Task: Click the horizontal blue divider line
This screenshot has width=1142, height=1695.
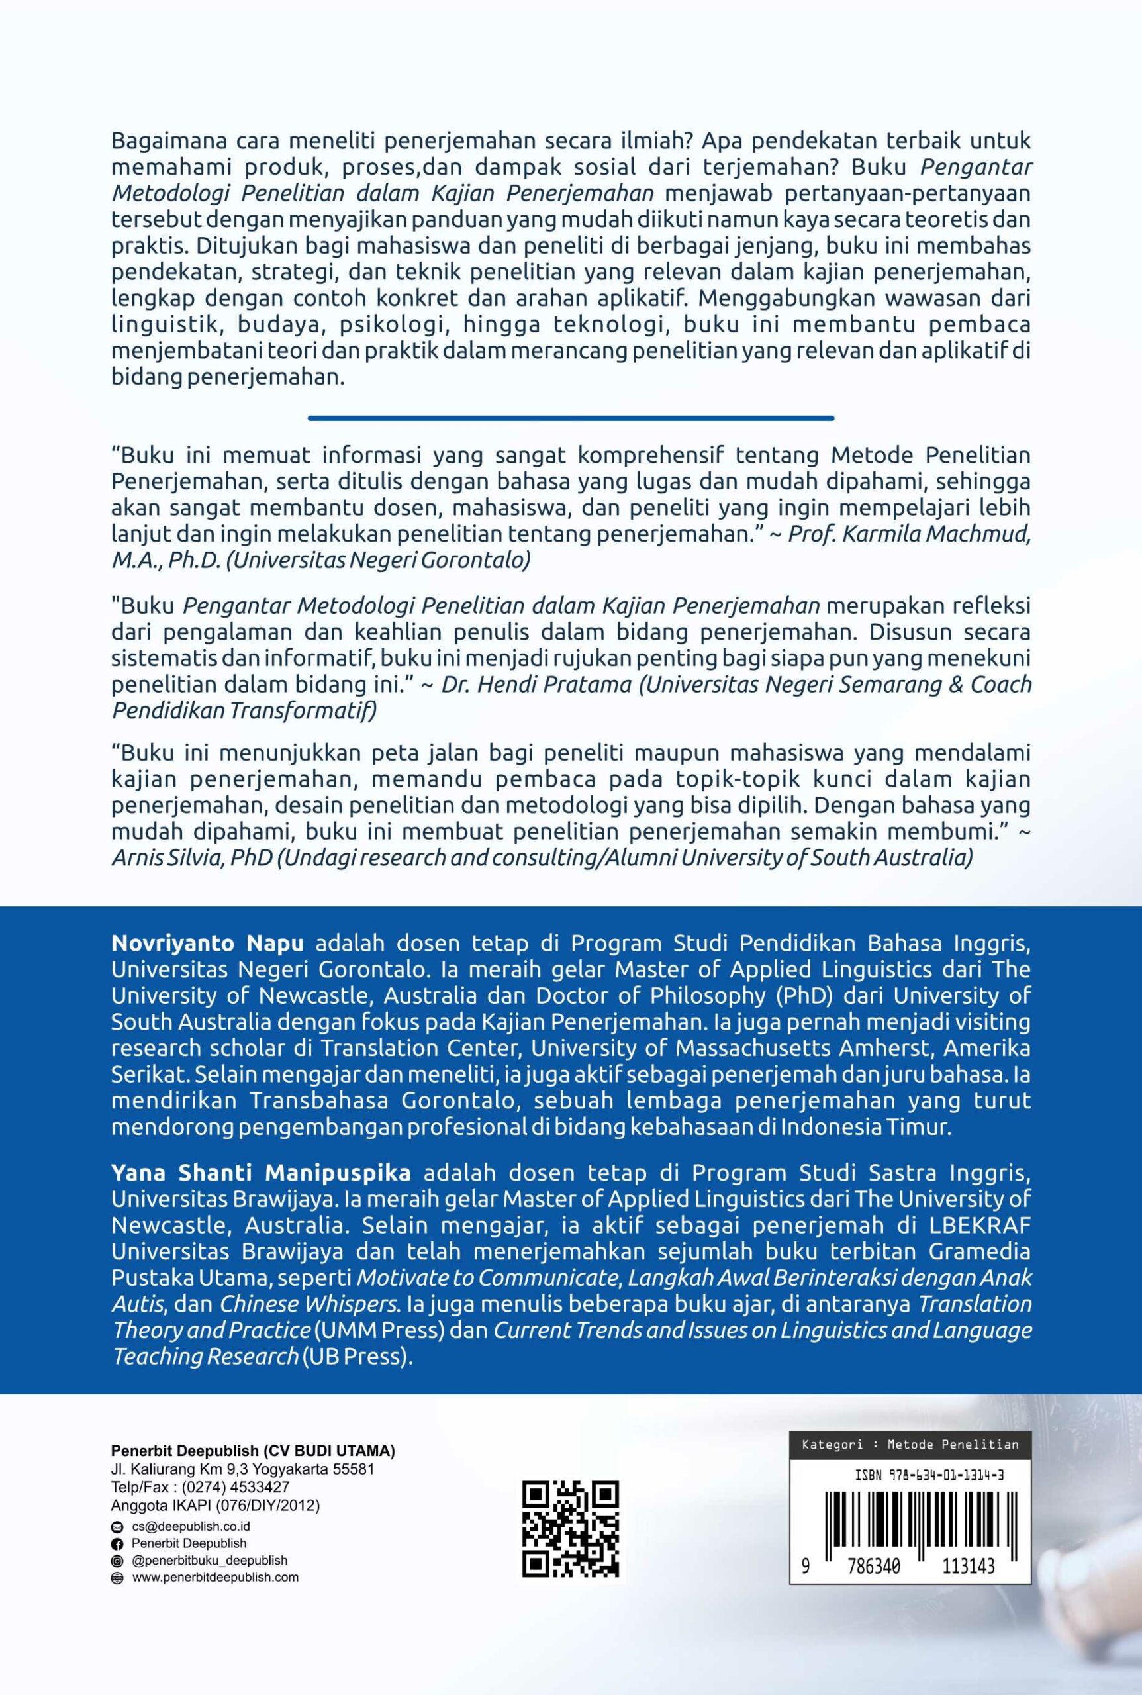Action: coord(570,418)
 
